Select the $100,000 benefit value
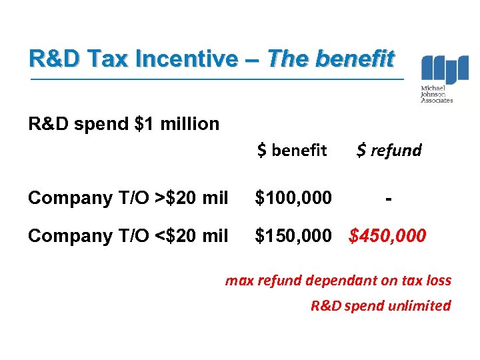coord(293,198)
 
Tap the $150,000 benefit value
coord(293,235)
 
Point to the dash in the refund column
coord(389,198)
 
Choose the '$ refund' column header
coord(389,151)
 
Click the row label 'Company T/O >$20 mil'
coord(129,198)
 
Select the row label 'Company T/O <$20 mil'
coord(129,235)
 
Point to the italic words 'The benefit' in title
coord(331,59)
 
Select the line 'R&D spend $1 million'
coord(123,124)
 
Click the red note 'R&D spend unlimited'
coord(381,306)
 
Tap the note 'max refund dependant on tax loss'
coord(338,281)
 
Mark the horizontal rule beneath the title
coord(217,79)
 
